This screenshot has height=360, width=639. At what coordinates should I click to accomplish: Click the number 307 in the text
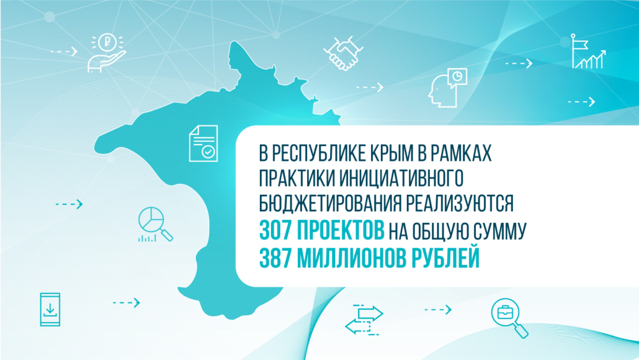click(275, 231)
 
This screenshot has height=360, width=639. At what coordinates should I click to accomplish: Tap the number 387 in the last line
click(275, 258)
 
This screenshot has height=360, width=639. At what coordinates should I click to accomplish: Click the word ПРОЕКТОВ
click(341, 231)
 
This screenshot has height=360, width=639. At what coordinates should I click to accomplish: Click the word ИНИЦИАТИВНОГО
click(401, 178)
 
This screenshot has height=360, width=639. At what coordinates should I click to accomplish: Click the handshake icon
click(343, 53)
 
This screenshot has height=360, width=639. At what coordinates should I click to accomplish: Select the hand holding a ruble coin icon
click(107, 53)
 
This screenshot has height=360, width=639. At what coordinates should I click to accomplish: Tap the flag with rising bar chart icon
click(588, 52)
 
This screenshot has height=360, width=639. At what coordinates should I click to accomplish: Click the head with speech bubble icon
click(447, 88)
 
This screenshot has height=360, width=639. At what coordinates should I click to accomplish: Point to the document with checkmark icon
click(203, 143)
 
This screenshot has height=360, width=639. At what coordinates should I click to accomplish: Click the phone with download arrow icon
click(50, 310)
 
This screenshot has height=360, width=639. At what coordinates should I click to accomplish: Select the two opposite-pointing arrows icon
click(364, 320)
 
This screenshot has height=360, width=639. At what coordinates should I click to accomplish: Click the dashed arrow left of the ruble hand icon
click(64, 52)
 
